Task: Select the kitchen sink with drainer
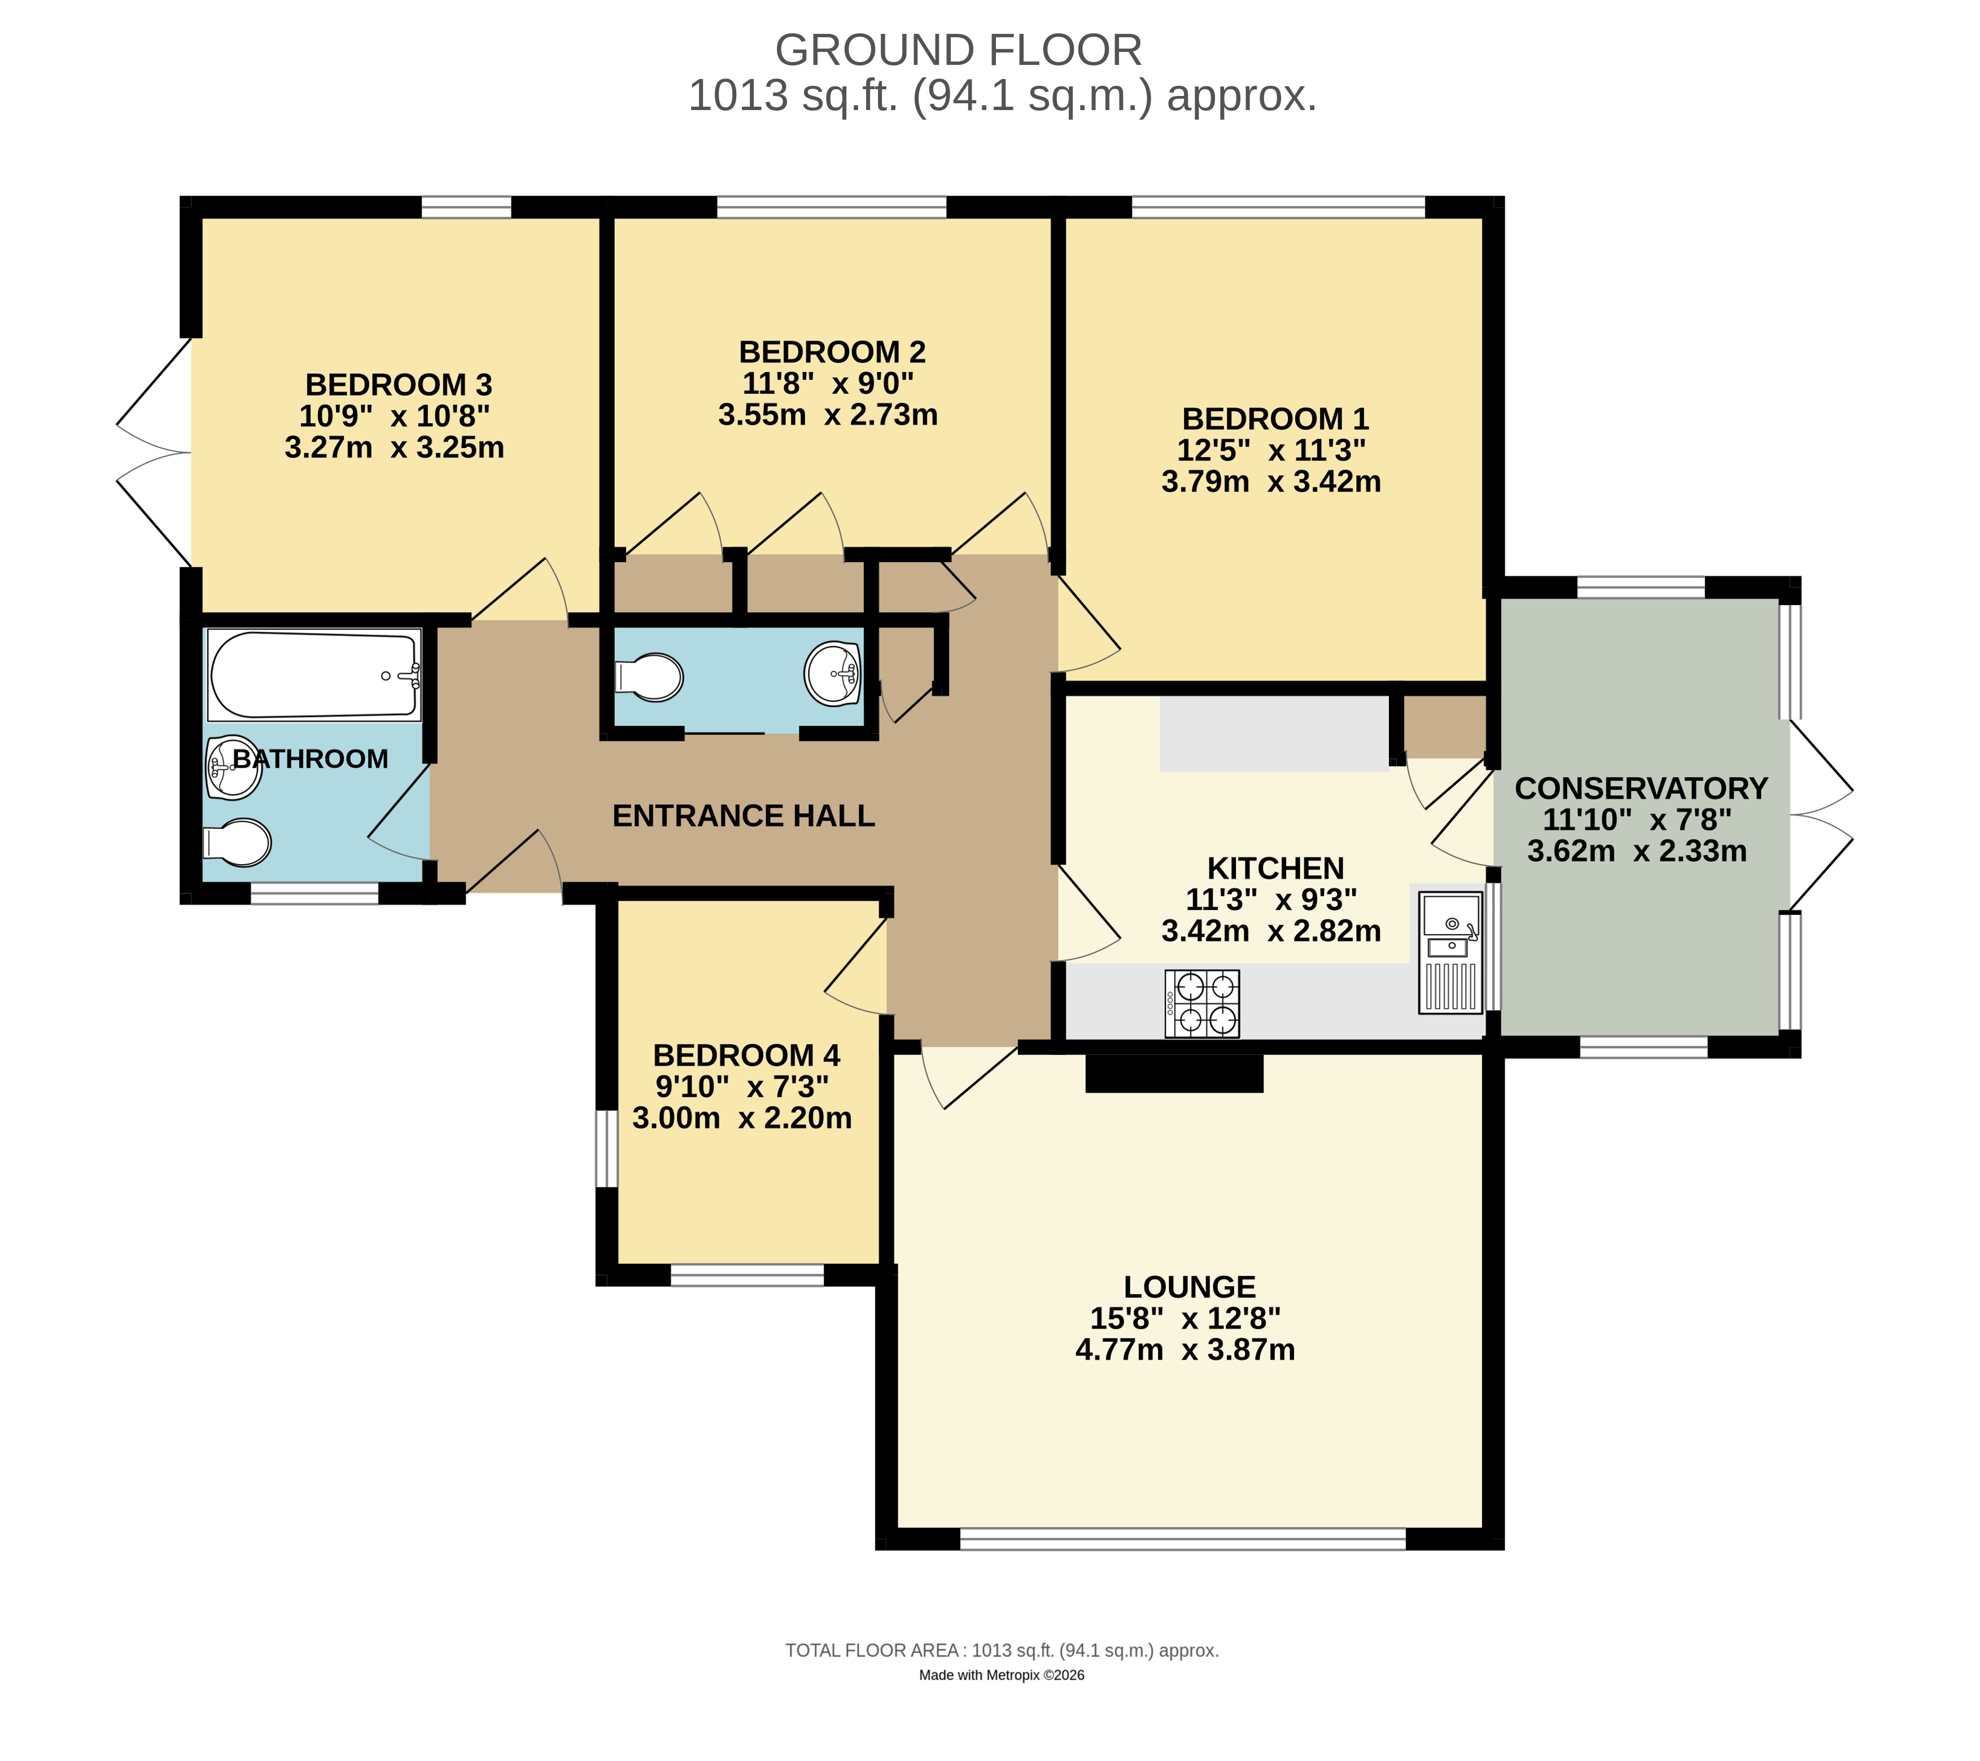1450,952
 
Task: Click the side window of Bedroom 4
606,1148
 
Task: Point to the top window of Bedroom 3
466,207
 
